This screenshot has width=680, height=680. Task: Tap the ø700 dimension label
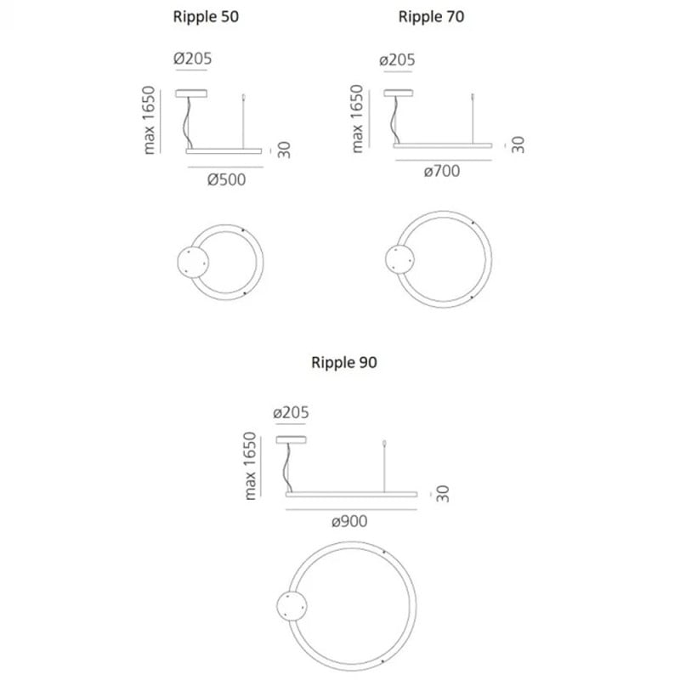442,171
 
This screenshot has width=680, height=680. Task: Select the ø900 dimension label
349,521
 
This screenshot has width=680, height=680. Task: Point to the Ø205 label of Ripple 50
192,59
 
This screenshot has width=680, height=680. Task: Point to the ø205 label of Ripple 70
397,60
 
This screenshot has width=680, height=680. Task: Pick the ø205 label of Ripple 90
291,413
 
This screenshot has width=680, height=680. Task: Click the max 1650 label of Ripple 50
150,120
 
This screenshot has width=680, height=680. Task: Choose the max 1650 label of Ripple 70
358,119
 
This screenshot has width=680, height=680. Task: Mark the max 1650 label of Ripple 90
250,466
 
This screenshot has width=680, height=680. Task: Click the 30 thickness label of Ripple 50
285,150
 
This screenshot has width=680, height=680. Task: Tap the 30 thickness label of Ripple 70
518,144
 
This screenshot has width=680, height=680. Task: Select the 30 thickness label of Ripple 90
444,493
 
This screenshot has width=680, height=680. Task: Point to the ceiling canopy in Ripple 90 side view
293,439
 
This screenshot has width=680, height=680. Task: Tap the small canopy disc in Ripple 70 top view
398,258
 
